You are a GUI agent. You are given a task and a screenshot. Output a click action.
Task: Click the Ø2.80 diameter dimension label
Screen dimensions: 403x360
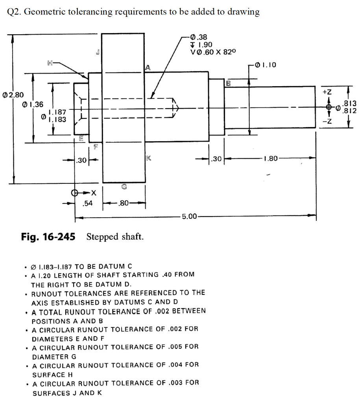click(13, 94)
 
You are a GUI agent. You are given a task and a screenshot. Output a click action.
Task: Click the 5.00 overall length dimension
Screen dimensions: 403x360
click(190, 216)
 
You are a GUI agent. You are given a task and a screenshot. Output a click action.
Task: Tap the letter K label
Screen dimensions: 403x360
click(148, 158)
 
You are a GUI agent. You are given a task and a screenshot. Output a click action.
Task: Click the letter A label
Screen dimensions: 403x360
click(147, 68)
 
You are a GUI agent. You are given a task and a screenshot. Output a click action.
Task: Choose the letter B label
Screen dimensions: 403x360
click(228, 83)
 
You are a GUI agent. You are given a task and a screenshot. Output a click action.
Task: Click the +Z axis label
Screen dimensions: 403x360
click(327, 92)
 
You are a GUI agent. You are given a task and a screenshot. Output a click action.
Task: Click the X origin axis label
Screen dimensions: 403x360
click(93, 193)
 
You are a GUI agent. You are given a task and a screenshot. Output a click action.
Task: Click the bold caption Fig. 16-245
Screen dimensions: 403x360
click(48, 237)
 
